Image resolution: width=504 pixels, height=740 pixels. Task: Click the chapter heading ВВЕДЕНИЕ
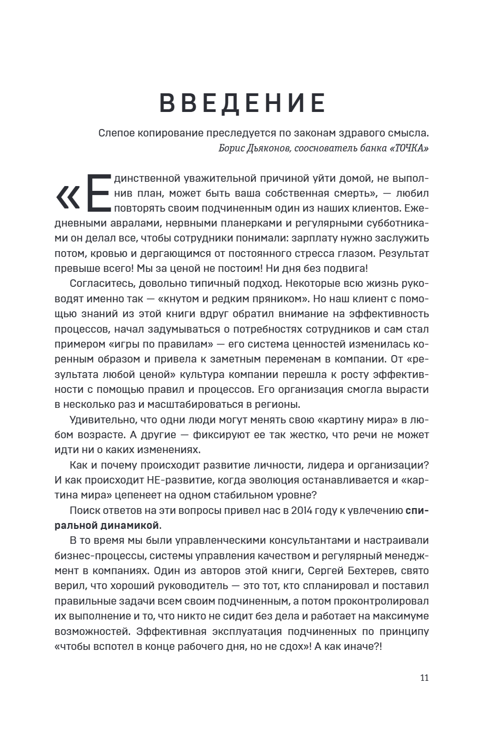pyautogui.click(x=242, y=103)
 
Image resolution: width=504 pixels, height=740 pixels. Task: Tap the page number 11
pyautogui.click(x=424, y=678)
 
